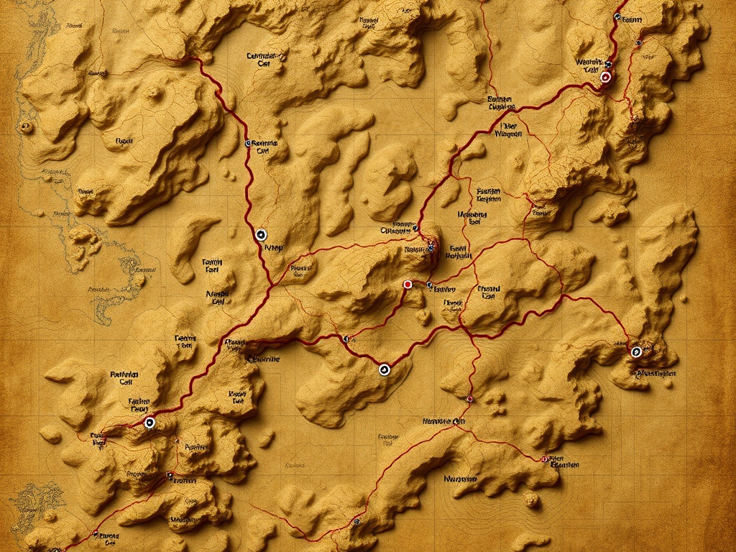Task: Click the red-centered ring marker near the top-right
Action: (605, 76)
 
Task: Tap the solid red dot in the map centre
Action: (408, 285)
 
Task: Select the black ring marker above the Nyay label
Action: (261, 234)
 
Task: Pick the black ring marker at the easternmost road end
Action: (636, 351)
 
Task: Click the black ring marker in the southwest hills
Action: (149, 423)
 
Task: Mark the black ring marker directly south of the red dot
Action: (384, 369)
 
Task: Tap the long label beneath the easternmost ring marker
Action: (655, 374)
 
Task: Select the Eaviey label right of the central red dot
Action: (445, 289)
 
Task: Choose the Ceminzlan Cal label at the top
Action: (264, 59)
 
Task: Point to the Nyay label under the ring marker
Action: (274, 248)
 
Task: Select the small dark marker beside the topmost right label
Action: (617, 16)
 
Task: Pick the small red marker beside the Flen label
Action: (544, 458)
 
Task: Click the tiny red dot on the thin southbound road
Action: (469, 398)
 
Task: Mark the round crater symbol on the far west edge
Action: (27, 127)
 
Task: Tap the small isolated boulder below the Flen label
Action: (531, 499)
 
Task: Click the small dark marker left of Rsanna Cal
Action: (248, 143)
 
